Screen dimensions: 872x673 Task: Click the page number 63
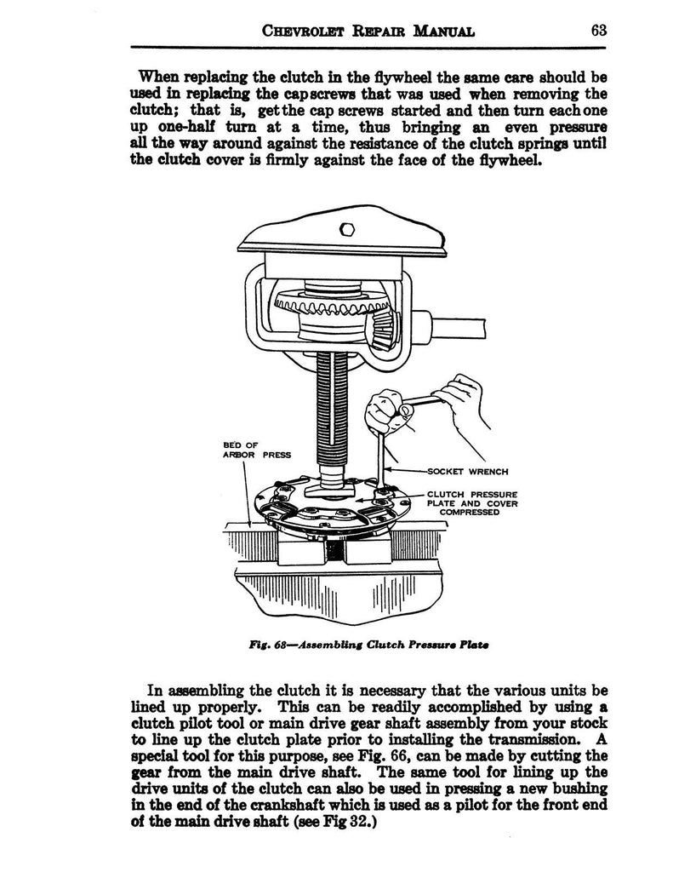pos(596,31)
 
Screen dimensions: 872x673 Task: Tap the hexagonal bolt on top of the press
pos(346,228)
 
